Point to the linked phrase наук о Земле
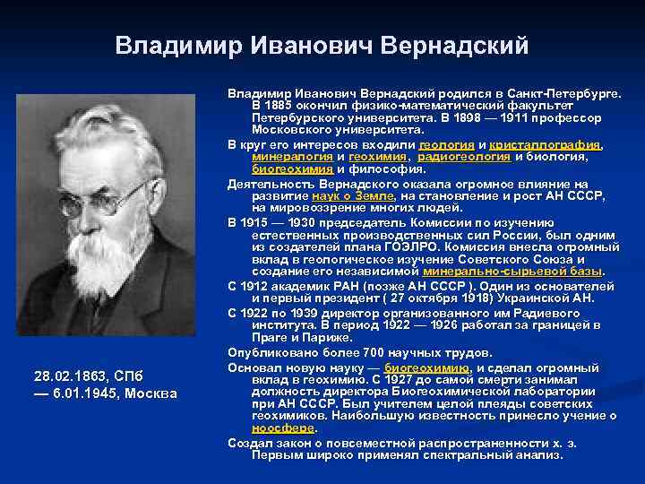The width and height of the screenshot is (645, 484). (352, 195)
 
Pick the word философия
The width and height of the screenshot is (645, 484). (369, 169)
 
